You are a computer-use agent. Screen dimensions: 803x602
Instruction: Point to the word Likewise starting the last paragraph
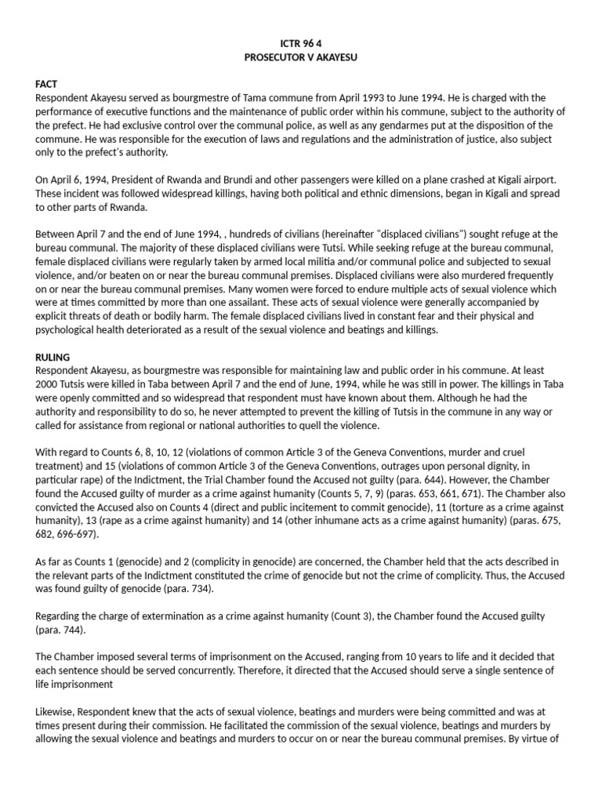click(x=58, y=712)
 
